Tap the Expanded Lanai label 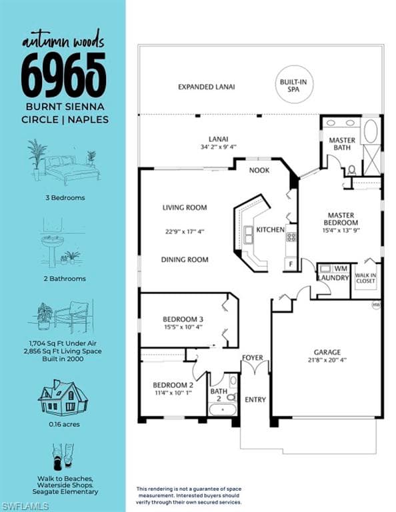point(206,87)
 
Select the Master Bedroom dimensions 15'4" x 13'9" point(341,230)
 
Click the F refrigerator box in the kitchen point(291,264)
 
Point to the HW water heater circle point(377,305)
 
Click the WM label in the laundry point(341,269)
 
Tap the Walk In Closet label point(365,278)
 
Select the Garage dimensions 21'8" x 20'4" point(327,360)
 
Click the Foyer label point(253,357)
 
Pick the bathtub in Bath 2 point(222,409)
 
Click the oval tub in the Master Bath point(371,131)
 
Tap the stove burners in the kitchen point(291,237)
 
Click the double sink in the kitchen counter point(249,235)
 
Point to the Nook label point(259,170)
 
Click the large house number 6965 point(63,75)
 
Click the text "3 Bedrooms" point(65,197)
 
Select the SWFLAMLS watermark point(25,507)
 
